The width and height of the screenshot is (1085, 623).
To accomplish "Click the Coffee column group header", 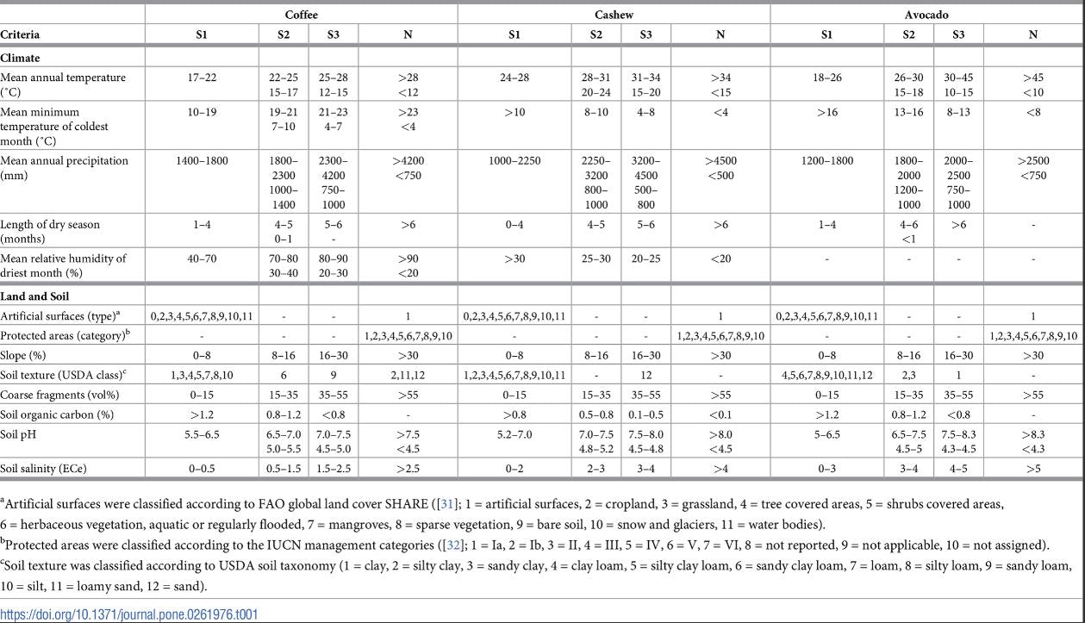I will tap(301, 15).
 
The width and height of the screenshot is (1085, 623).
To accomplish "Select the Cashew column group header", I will tap(612, 15).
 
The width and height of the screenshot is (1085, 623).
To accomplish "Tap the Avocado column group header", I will tap(926, 15).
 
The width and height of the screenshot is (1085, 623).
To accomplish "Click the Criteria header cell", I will tap(20, 34).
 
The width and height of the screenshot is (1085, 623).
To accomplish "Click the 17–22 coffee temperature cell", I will tap(202, 77).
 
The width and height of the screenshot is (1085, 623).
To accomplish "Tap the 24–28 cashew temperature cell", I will tap(514, 77).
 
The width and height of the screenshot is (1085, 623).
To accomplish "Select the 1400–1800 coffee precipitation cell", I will tap(202, 160).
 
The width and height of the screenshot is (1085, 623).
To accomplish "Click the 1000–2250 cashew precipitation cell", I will tap(514, 160).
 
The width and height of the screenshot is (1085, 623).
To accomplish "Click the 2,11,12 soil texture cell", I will tap(407, 374).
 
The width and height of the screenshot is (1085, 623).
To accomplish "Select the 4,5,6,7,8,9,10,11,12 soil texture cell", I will tap(826, 374).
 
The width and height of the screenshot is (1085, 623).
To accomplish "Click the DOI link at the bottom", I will tap(128, 614).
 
